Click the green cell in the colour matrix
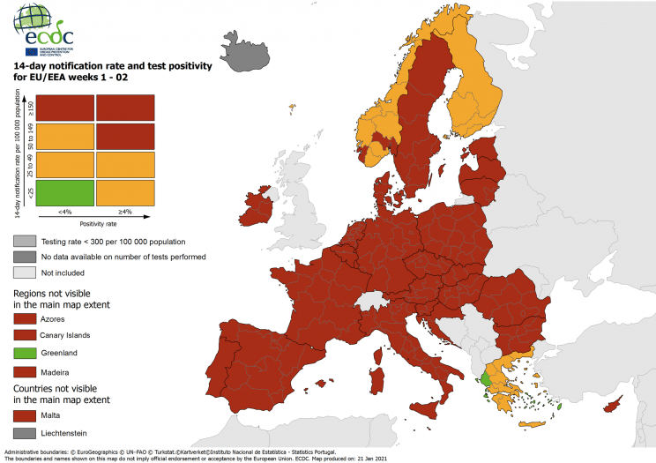point(63,192)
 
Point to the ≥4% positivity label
point(125,212)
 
